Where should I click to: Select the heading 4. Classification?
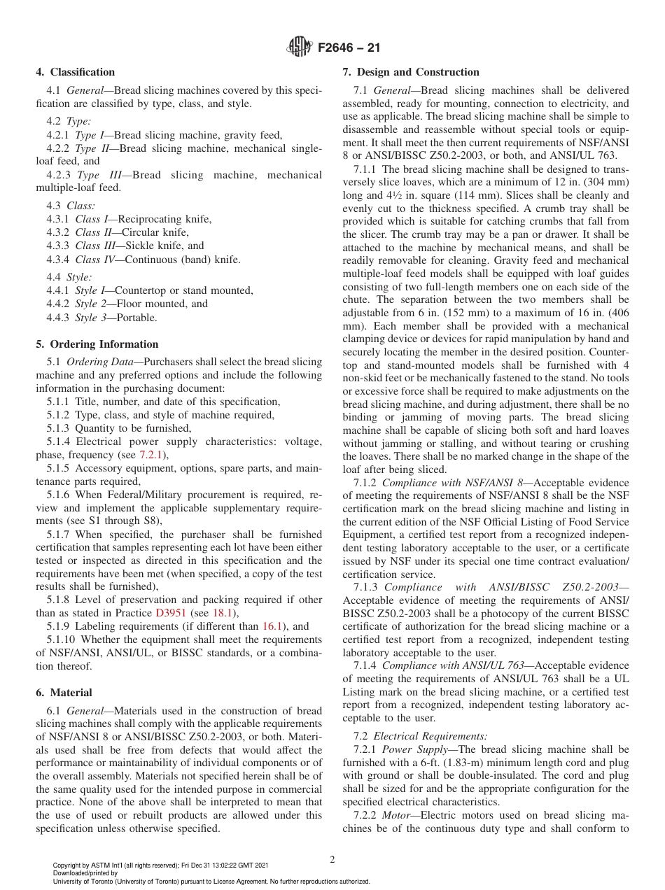click(x=75, y=72)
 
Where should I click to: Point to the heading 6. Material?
click(x=64, y=693)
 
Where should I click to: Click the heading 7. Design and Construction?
click(x=411, y=72)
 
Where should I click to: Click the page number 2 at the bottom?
click(x=332, y=860)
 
